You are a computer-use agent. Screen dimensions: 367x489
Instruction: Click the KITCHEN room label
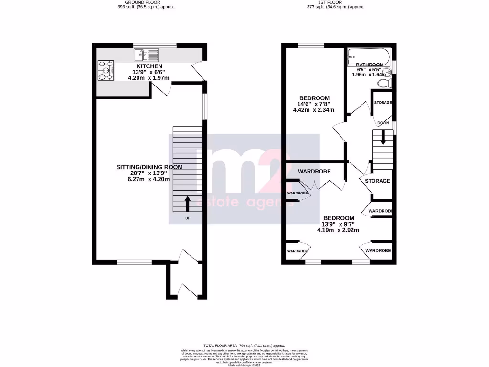(x=149, y=66)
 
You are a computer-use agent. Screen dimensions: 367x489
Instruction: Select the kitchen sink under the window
(x=146, y=54)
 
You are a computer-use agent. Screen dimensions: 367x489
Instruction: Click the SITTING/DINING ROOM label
(x=149, y=167)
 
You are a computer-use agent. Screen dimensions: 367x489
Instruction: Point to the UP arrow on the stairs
(x=187, y=203)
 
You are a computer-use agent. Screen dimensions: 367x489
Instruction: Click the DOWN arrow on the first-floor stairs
(x=383, y=139)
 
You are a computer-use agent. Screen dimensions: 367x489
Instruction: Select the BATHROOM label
(x=370, y=65)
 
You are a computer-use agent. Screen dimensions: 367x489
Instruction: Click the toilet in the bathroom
(x=384, y=84)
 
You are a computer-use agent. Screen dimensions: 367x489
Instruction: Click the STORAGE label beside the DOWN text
(x=383, y=103)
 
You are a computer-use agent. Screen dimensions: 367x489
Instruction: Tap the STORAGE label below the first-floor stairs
(x=377, y=181)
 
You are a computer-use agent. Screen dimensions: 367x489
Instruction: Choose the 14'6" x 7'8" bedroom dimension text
(x=313, y=104)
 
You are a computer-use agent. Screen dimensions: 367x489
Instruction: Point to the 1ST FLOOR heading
(x=335, y=3)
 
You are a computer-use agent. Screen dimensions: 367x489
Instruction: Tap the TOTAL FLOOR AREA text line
(x=244, y=345)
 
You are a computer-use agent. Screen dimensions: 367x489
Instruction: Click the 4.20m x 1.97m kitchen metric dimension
(x=149, y=78)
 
